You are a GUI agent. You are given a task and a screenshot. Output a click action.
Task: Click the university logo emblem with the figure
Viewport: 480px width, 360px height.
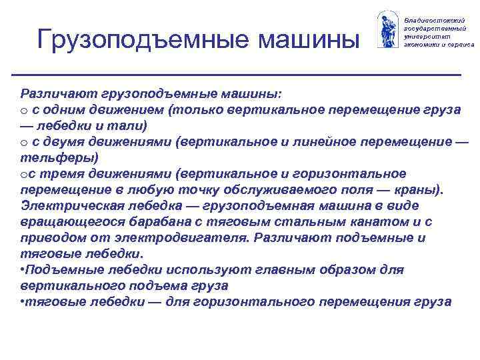pyautogui.click(x=387, y=30)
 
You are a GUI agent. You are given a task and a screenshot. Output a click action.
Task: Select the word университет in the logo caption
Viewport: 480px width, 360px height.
pyautogui.click(x=427, y=37)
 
